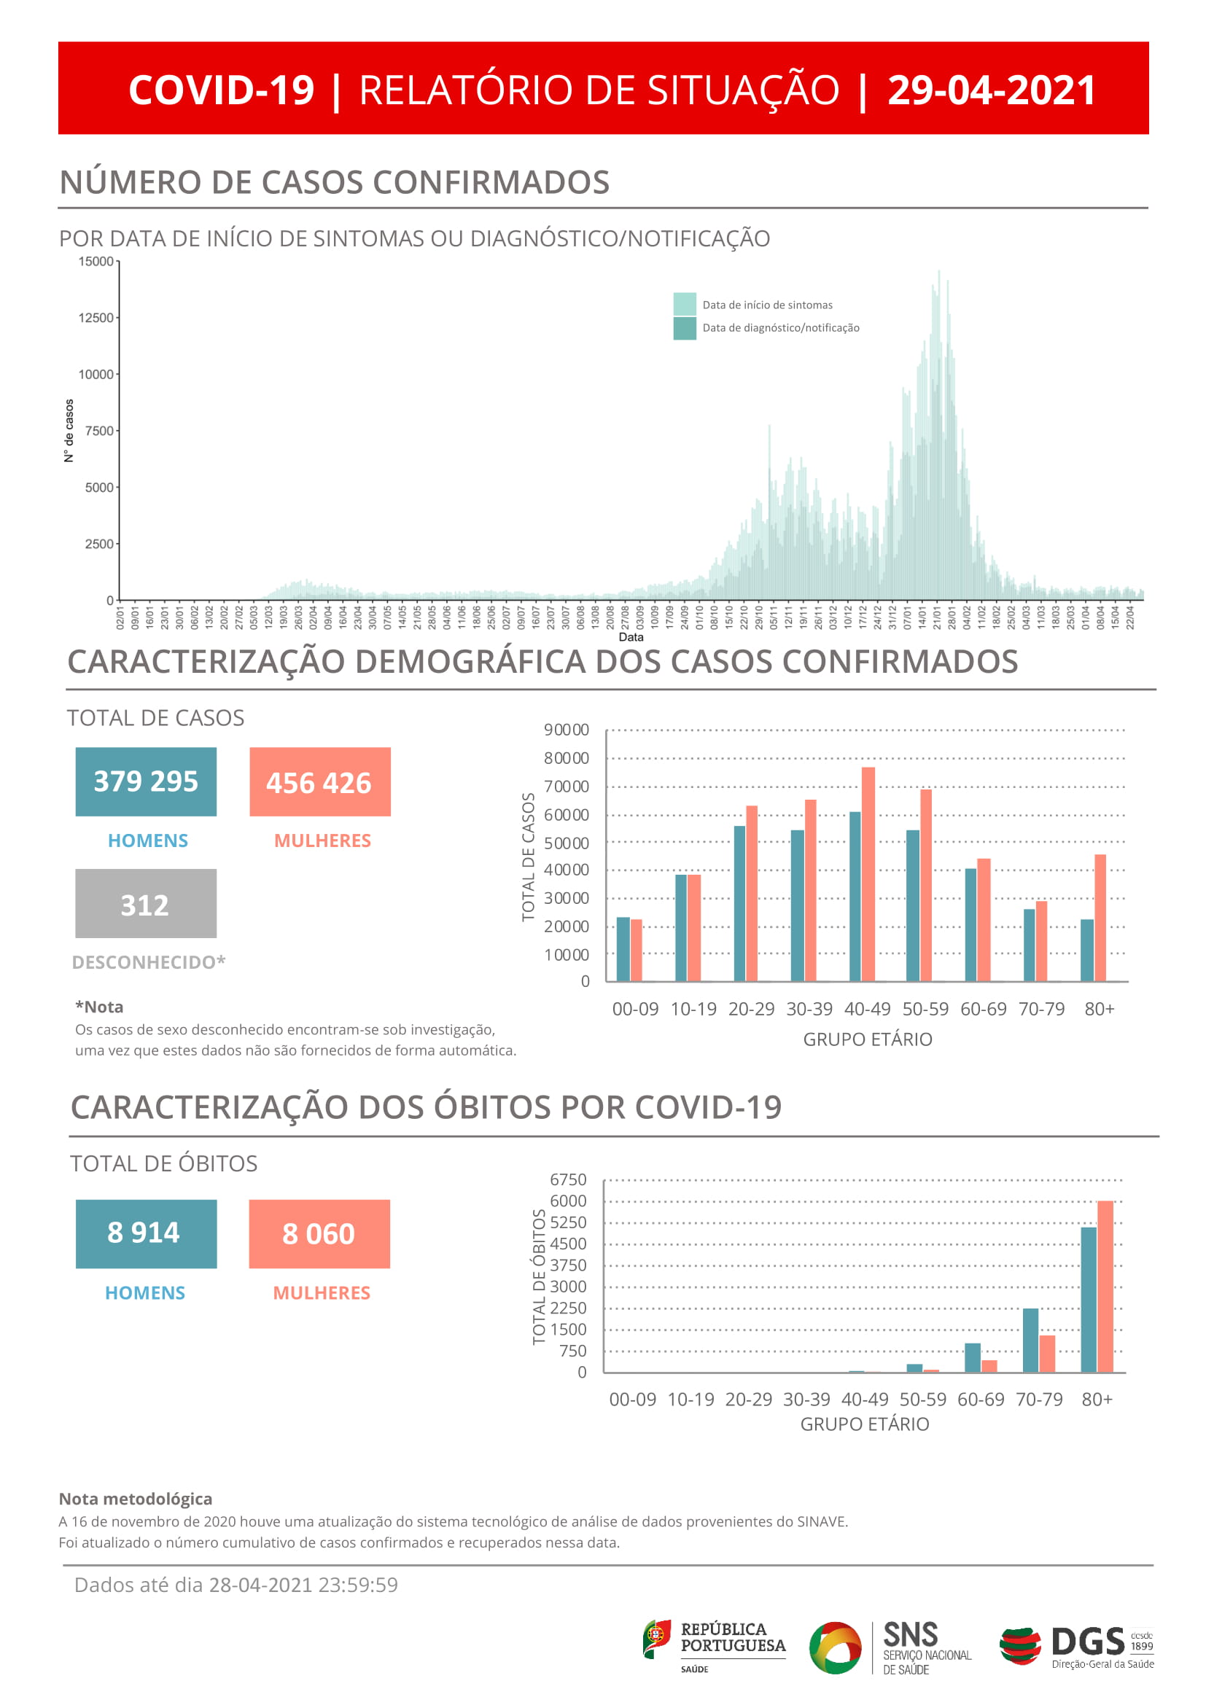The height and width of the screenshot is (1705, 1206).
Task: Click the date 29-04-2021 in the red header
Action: click(991, 90)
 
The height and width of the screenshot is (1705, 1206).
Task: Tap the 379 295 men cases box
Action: click(146, 781)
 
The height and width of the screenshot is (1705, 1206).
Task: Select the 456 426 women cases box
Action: click(319, 782)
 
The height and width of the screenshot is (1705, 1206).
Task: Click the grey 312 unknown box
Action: click(146, 904)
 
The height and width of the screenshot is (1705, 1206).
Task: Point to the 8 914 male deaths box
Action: click(146, 1233)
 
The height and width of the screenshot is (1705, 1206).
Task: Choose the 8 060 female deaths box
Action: click(319, 1233)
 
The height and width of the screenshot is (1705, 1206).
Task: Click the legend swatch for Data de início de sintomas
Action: click(684, 304)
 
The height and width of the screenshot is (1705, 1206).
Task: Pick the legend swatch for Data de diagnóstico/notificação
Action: click(684, 327)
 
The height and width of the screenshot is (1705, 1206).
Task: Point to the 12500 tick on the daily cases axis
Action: click(96, 318)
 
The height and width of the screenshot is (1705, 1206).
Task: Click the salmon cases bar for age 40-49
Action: click(868, 874)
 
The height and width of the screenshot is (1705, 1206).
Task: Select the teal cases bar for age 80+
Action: click(1086, 950)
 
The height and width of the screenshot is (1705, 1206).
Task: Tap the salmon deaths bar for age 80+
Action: click(1104, 1287)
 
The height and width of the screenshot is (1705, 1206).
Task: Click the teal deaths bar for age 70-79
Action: click(1030, 1341)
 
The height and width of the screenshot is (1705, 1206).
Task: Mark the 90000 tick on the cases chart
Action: click(566, 730)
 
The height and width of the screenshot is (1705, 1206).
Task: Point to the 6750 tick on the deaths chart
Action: click(567, 1180)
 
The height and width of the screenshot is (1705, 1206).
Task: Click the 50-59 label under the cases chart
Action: click(925, 1009)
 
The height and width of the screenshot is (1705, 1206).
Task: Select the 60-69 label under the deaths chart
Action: click(980, 1400)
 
